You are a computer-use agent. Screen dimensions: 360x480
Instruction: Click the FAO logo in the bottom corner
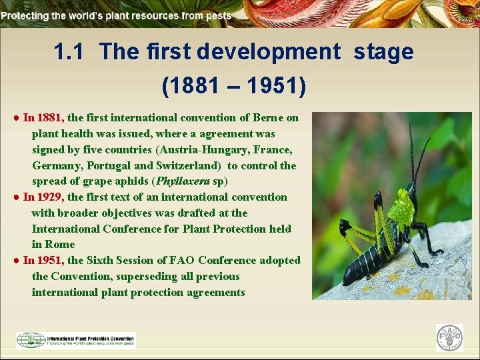(x=449, y=338)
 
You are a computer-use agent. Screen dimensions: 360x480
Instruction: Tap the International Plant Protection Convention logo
(x=76, y=340)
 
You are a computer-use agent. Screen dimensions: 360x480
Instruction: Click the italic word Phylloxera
(x=183, y=181)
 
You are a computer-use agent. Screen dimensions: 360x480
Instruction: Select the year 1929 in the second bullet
(x=51, y=197)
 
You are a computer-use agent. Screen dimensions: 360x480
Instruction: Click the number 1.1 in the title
(x=69, y=52)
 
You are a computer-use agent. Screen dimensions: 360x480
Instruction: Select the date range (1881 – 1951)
(x=233, y=85)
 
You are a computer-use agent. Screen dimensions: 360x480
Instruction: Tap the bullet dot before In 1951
(x=15, y=261)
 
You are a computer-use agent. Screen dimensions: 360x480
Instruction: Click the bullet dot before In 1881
(x=15, y=118)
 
